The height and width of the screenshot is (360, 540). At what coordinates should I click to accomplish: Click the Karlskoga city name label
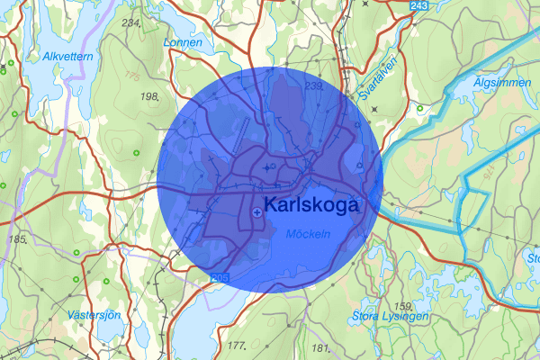(311, 205)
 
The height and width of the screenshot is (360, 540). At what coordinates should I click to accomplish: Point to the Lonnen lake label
(182, 42)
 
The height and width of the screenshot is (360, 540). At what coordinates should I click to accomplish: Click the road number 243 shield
(418, 6)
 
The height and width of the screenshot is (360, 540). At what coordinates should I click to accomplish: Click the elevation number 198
(148, 95)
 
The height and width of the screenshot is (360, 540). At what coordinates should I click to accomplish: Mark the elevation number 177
(236, 346)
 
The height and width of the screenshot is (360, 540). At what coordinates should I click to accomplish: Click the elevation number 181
(319, 347)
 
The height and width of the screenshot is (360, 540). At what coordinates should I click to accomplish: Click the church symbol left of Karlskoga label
(258, 211)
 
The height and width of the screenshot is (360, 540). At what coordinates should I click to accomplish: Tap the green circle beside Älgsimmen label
(420, 110)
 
